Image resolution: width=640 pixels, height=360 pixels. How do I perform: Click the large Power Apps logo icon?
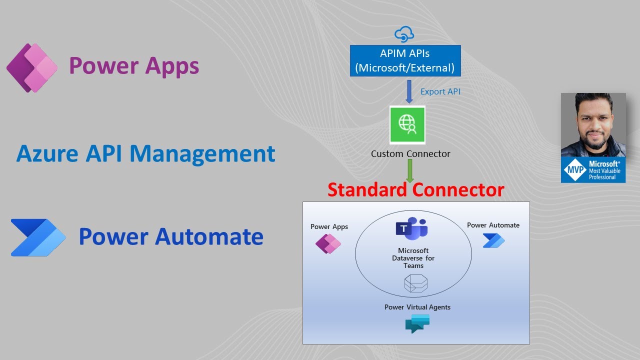pyautogui.click(x=32, y=67)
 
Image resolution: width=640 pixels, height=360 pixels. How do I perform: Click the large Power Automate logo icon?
pyautogui.click(x=38, y=237)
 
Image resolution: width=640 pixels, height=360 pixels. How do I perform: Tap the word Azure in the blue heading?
pyautogui.click(x=47, y=154)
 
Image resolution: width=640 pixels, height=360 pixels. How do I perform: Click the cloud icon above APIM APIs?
pyautogui.click(x=404, y=34)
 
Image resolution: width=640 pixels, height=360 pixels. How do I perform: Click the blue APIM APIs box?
pyautogui.click(x=405, y=60)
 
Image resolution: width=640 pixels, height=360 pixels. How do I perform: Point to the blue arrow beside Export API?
pyautogui.click(x=409, y=91)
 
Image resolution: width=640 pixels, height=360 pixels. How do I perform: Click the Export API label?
pyautogui.click(x=440, y=91)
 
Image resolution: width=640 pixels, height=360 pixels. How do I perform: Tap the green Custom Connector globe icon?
pyautogui.click(x=407, y=124)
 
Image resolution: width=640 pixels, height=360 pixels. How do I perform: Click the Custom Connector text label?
pyautogui.click(x=410, y=154)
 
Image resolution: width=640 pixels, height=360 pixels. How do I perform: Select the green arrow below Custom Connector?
pyautogui.click(x=410, y=171)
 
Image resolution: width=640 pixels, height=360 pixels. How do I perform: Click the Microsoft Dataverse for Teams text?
pyautogui.click(x=413, y=258)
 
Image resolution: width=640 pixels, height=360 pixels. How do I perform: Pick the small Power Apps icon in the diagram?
pyautogui.click(x=328, y=244)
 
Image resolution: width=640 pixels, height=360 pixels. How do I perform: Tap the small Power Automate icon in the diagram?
pyautogui.click(x=493, y=240)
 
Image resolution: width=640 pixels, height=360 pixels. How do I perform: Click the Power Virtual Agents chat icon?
pyautogui.click(x=417, y=323)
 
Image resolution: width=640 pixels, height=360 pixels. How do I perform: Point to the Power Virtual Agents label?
pyautogui.click(x=417, y=307)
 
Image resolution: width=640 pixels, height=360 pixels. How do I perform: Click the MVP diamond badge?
pyautogui.click(x=574, y=170)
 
